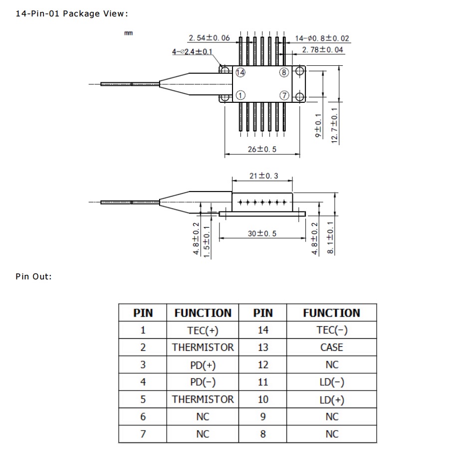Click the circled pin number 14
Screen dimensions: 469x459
coord(240,73)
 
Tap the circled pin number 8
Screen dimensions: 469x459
coord(284,73)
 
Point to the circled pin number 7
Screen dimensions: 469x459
coord(284,95)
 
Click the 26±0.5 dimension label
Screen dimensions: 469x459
coord(262,150)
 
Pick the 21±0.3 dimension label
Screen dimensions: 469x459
coord(263,176)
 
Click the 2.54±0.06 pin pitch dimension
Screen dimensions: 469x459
coord(209,38)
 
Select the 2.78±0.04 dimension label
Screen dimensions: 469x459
coord(323,49)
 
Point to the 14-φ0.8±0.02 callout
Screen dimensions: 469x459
coord(322,38)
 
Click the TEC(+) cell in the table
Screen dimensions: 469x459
coord(203,330)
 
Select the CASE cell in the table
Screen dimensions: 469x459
coord(332,347)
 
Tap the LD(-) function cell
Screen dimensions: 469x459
coord(332,382)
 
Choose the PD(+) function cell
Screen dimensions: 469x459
coord(203,365)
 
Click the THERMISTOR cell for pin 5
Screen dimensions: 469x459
coord(203,399)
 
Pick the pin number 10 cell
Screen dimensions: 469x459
coord(263,399)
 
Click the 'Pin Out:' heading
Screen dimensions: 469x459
coord(34,276)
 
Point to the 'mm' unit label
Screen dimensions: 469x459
coord(128,33)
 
